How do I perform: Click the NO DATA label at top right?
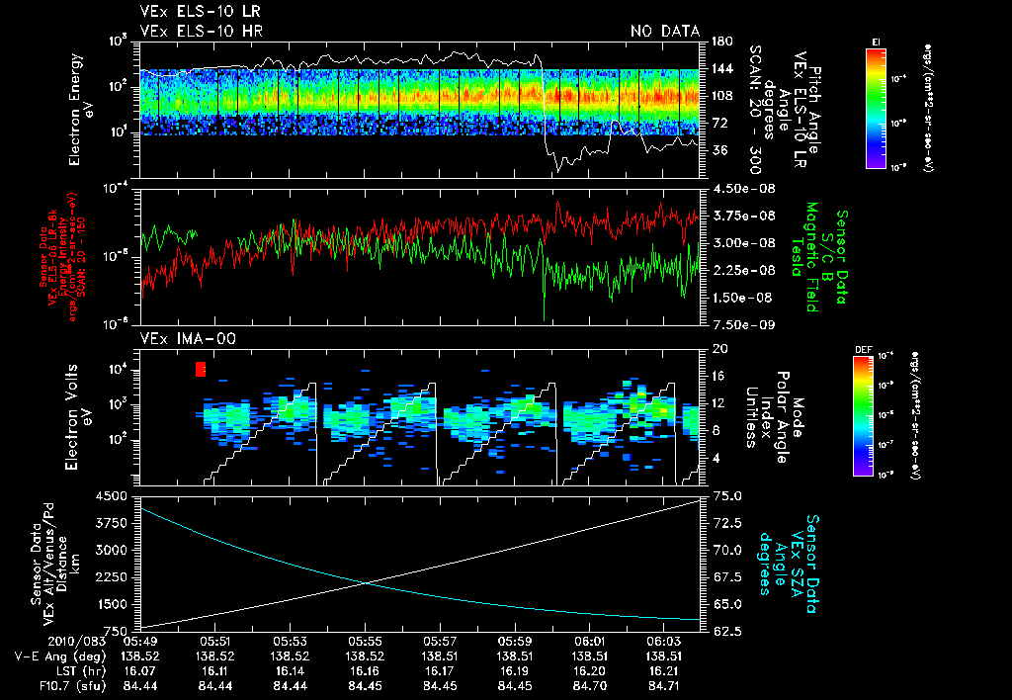664,32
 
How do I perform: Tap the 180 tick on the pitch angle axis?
720,42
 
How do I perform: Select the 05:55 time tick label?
365,641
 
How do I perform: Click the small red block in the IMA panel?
201,369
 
